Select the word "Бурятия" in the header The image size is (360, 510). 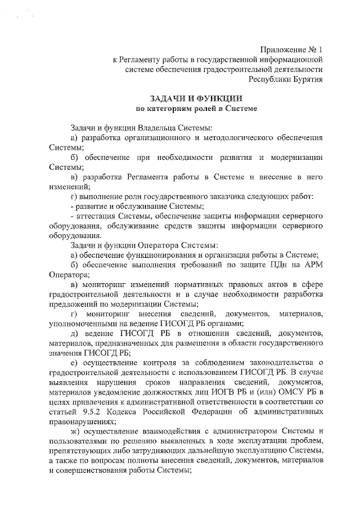(x=308, y=79)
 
